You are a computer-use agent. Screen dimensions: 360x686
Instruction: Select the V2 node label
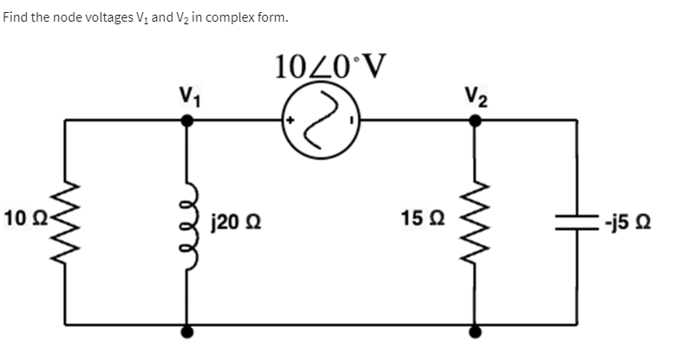pyautogui.click(x=475, y=93)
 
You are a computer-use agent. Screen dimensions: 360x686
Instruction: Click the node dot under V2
pyautogui.click(x=475, y=122)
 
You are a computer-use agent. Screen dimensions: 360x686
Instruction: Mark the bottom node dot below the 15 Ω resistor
pyautogui.click(x=475, y=331)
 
